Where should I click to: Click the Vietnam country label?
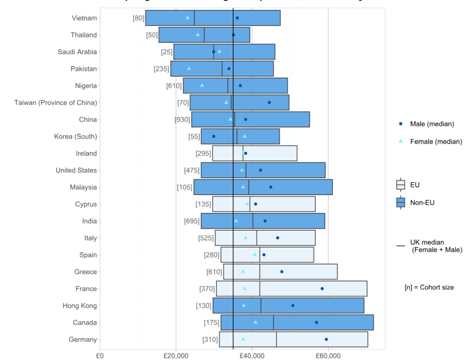(x=84, y=18)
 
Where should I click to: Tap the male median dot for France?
(x=322, y=289)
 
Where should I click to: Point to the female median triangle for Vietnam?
(x=187, y=18)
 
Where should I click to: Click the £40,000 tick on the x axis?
(x=252, y=354)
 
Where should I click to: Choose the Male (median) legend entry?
(x=431, y=124)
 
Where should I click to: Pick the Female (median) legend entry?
(x=436, y=142)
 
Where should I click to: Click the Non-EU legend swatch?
(x=401, y=202)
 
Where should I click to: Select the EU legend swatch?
(x=401, y=185)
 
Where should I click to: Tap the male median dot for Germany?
(x=326, y=339)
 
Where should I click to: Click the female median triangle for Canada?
(x=256, y=322)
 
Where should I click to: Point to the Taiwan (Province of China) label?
(x=56, y=103)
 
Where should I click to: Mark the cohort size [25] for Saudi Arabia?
(x=167, y=52)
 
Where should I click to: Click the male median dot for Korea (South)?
(x=214, y=137)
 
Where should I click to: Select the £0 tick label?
(x=100, y=354)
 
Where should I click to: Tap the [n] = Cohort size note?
(x=429, y=287)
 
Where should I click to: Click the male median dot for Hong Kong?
(x=293, y=305)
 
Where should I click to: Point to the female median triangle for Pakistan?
(x=189, y=68)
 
